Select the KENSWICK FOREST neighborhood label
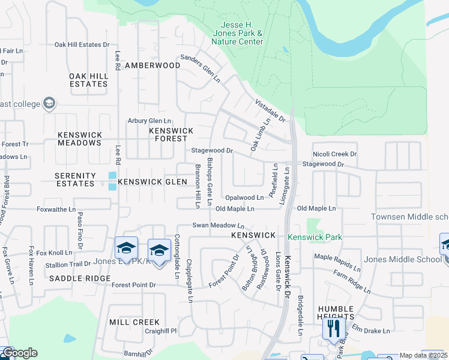coord(171,134)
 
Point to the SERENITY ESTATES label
coord(75,180)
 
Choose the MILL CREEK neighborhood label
coord(134,322)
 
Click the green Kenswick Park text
coord(315,237)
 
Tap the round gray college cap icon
coord(49,103)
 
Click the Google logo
coord(19,353)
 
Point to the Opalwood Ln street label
coord(244,197)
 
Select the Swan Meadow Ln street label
coord(218,226)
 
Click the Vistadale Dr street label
coord(270,111)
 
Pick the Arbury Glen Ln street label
coord(149,121)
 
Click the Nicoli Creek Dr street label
coord(334,154)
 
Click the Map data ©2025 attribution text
coord(421,355)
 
